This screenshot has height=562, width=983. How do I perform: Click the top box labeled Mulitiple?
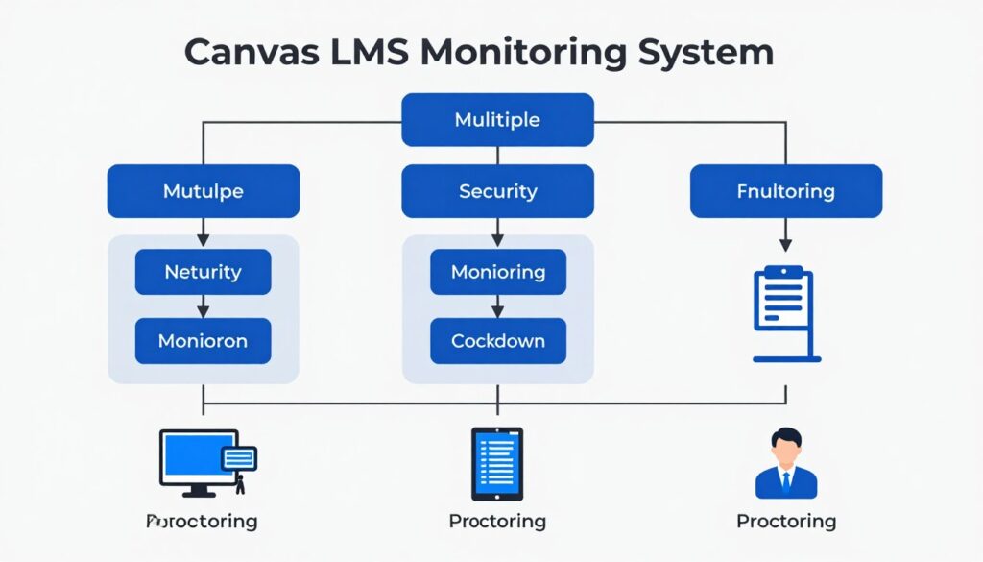click(x=497, y=120)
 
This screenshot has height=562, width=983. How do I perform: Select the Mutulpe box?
click(x=203, y=191)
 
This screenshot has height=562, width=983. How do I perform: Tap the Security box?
click(x=497, y=191)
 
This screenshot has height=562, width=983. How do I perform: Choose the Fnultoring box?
click(x=785, y=191)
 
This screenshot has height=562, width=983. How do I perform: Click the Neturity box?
click(x=203, y=272)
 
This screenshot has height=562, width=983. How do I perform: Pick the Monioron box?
click(x=203, y=341)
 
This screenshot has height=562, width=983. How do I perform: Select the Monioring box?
click(x=497, y=272)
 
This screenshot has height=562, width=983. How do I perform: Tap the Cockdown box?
click(x=497, y=341)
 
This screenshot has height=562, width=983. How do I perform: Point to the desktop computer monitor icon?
click(x=199, y=460)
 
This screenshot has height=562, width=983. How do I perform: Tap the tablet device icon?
click(x=497, y=463)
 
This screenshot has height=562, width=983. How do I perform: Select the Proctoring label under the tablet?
click(x=497, y=522)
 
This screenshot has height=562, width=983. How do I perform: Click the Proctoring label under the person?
click(x=785, y=522)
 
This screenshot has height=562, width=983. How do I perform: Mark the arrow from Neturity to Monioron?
click(x=203, y=306)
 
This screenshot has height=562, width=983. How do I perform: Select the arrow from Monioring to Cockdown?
click(x=497, y=306)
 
